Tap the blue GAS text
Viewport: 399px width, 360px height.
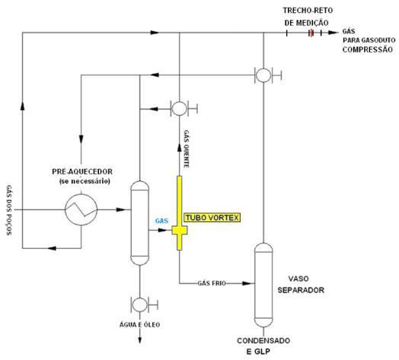tap(161, 221)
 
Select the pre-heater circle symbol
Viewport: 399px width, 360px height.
tap(80, 207)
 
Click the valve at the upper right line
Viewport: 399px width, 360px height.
tap(263, 75)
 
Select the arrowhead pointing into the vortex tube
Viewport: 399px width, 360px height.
tap(168, 230)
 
